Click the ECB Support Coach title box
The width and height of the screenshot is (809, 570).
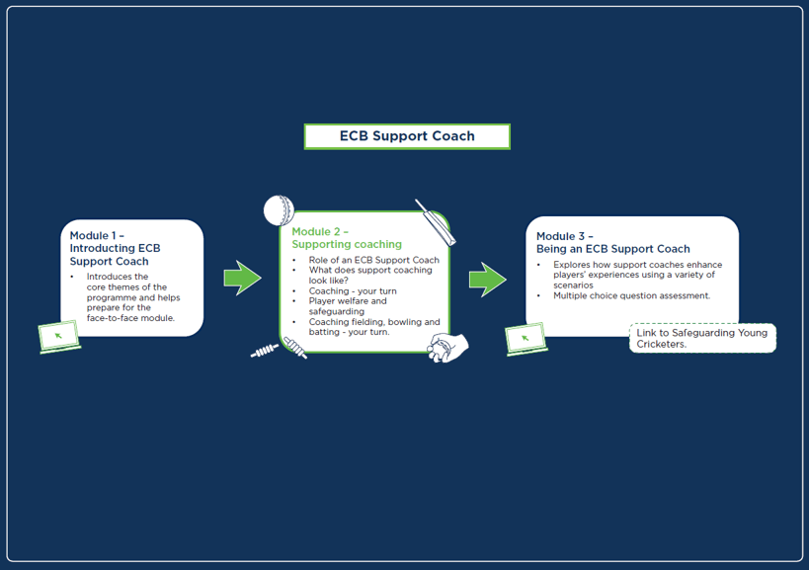[x=406, y=136]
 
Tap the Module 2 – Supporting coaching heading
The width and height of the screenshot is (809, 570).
[x=346, y=238]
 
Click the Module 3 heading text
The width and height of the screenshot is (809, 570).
[x=612, y=243]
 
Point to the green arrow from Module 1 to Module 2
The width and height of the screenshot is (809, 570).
[x=241, y=279]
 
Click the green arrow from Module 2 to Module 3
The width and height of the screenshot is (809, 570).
[x=486, y=280]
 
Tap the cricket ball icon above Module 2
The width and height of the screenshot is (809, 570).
[x=279, y=210]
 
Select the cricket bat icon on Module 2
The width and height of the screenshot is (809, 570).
[x=436, y=224]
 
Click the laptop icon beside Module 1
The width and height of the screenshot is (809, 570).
[x=59, y=337]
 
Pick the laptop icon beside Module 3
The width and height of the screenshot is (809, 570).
[x=526, y=339]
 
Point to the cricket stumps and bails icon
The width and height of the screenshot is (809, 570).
[x=280, y=349]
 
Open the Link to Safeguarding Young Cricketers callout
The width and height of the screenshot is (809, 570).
[x=701, y=338]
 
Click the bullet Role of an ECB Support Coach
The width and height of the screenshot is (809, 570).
[x=373, y=260]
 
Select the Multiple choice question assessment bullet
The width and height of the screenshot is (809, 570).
[x=631, y=295]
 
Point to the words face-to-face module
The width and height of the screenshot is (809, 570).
[x=130, y=318]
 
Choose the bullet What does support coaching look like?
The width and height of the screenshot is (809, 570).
[x=370, y=275]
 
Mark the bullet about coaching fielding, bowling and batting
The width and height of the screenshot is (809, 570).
[x=373, y=327]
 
